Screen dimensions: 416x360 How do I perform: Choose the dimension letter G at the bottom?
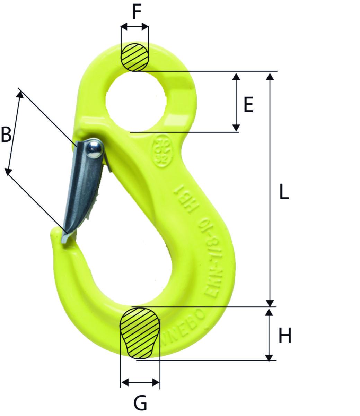click(x=140, y=403)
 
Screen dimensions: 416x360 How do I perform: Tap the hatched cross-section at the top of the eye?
click(x=135, y=57)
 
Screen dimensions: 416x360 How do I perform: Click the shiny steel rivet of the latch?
click(x=94, y=149)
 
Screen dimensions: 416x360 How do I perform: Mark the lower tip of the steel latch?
click(x=64, y=239)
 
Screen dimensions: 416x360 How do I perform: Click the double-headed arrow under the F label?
click(x=135, y=27)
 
